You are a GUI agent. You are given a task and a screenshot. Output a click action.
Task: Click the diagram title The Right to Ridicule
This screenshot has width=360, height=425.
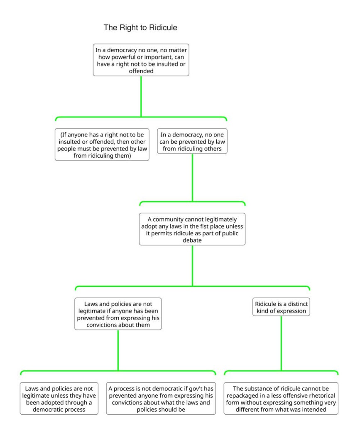[x=140, y=28]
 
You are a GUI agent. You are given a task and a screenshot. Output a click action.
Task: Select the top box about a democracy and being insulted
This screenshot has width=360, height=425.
[x=141, y=59]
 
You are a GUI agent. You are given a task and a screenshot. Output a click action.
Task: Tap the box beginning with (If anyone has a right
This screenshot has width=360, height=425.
[x=102, y=144]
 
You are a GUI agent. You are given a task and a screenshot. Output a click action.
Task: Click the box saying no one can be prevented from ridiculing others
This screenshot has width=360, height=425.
[x=192, y=141]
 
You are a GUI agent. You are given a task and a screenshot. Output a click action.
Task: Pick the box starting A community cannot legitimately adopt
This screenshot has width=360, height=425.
[x=192, y=229]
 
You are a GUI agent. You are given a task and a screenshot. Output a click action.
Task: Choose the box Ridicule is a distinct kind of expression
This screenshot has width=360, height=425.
[x=281, y=306]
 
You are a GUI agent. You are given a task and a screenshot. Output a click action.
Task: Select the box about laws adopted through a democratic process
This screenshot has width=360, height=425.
[x=59, y=398]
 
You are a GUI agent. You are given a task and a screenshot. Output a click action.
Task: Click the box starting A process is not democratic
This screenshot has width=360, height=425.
[x=161, y=398]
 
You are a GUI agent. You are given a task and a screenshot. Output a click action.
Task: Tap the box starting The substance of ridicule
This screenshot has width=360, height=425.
[x=281, y=398]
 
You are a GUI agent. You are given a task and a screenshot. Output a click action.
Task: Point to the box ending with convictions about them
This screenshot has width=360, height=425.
[x=118, y=313]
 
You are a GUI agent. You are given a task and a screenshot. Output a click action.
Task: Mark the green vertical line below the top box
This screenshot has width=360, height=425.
[x=141, y=95]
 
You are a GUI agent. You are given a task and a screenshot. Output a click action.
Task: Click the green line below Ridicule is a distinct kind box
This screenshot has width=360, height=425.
[x=281, y=342]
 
